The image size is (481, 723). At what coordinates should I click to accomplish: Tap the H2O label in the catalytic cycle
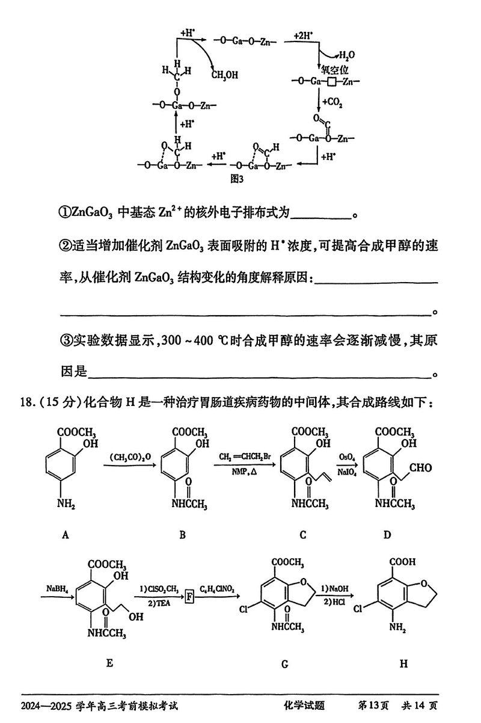tap(348, 55)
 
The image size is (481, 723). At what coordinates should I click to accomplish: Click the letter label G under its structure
tap(284, 664)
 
